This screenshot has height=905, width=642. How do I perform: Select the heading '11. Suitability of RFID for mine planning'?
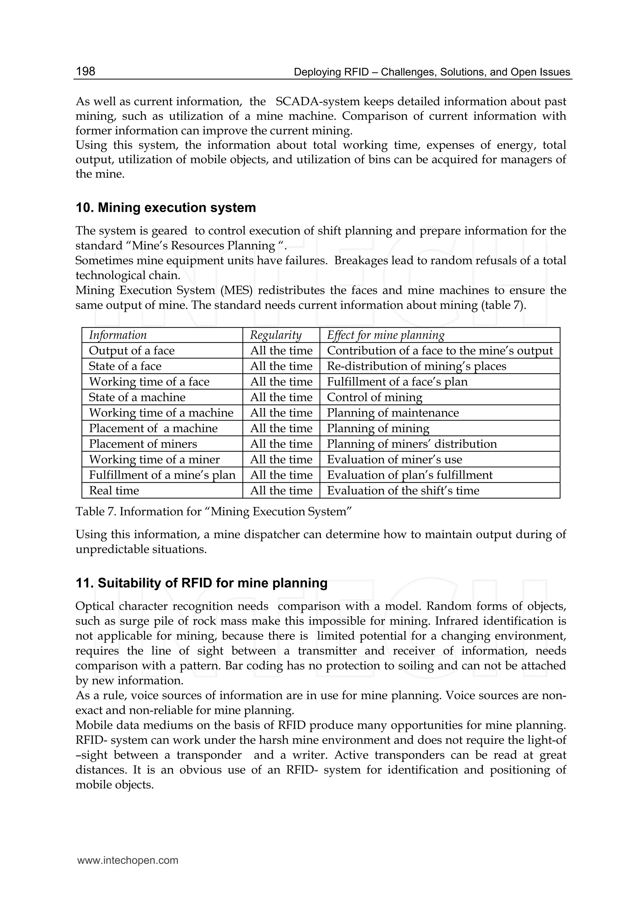201,583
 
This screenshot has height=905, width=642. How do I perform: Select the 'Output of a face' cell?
132,351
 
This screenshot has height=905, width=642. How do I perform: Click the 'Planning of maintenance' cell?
392,413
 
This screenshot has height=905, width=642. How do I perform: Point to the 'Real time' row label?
114,491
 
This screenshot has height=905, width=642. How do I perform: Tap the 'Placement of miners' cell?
143,444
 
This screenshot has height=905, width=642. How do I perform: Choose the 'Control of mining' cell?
374,398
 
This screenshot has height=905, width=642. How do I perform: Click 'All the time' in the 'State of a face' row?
281,366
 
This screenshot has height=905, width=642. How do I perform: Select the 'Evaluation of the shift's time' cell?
403,491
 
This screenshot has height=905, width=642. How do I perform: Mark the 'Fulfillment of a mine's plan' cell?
162,475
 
